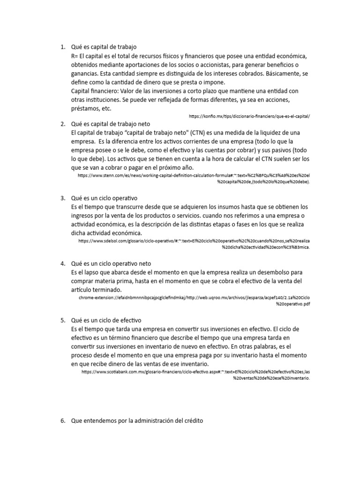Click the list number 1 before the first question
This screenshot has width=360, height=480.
62,47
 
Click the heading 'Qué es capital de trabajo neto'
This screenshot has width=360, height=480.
111,124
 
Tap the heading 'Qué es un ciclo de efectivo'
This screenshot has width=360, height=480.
106,320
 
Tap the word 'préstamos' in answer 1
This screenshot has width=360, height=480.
85,108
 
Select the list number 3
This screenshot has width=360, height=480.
62,198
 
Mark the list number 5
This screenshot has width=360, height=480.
62,320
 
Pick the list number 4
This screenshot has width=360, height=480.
62,263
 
